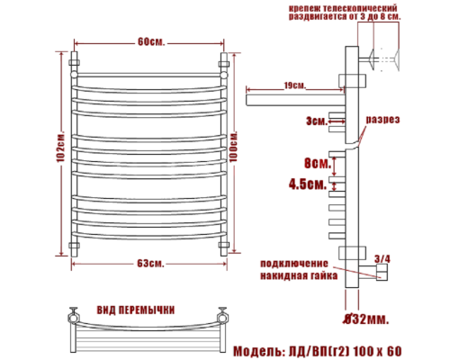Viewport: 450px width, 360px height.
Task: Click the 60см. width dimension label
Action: (150, 41)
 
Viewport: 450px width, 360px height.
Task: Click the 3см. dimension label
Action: (314, 119)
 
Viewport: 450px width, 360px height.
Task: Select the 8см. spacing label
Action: (315, 164)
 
